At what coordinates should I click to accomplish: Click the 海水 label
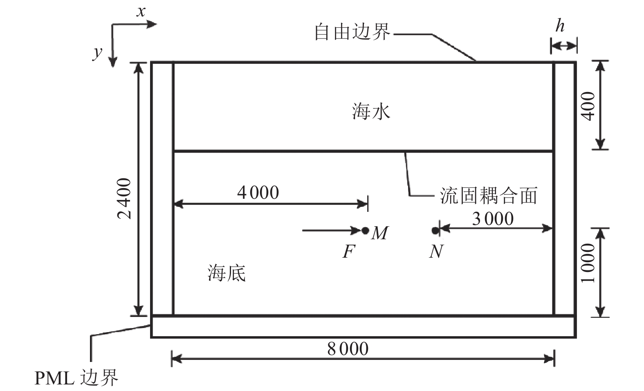pos(371,111)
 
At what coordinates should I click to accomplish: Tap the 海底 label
pos(227,273)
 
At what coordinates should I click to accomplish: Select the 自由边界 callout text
pos(352,32)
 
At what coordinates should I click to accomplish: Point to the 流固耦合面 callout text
pos(488,195)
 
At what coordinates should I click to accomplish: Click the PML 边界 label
pos(76,378)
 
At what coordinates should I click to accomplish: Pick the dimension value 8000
pos(348,349)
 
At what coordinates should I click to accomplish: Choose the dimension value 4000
pos(258,192)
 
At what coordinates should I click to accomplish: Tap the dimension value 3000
pos(493,218)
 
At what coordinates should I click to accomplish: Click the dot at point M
pos(365,231)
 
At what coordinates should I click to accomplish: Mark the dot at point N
pos(435,231)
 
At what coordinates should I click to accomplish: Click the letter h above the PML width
pos(560,26)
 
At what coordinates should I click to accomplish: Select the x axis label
pos(141,11)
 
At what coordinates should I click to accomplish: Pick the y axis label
pos(97,52)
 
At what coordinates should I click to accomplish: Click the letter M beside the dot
pos(380,233)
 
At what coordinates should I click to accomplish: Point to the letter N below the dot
pos(436,251)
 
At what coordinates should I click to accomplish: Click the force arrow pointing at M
pos(331,231)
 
